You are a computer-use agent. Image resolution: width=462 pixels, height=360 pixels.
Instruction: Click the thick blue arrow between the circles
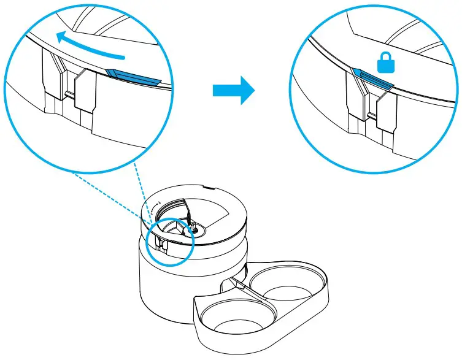click(x=233, y=91)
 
